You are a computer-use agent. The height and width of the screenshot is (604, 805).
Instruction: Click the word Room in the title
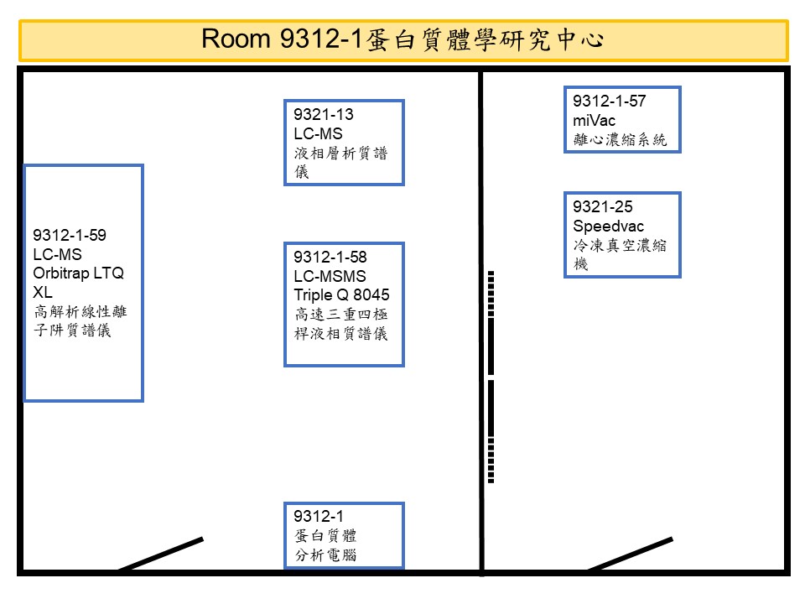pyautogui.click(x=236, y=39)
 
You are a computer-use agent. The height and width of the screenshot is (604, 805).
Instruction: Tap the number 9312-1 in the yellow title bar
pyautogui.click(x=322, y=39)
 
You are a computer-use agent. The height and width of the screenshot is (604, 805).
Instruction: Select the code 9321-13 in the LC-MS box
pyautogui.click(x=324, y=114)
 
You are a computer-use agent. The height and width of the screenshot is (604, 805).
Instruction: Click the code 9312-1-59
pyautogui.click(x=70, y=235)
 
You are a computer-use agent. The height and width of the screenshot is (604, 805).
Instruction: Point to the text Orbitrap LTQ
pyautogui.click(x=79, y=273)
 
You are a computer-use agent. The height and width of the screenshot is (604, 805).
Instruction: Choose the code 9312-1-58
pyautogui.click(x=330, y=257)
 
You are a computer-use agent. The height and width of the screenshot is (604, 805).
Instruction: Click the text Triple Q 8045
pyautogui.click(x=341, y=294)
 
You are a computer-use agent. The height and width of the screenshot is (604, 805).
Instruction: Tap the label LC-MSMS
pyautogui.click(x=330, y=276)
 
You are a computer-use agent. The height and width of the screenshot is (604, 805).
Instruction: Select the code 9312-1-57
pyautogui.click(x=610, y=101)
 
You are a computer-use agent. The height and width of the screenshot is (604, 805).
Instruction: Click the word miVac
pyautogui.click(x=594, y=120)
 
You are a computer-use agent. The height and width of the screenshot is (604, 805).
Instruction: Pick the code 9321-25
pyautogui.click(x=603, y=206)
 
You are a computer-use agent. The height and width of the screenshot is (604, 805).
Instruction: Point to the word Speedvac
pyautogui.click(x=609, y=226)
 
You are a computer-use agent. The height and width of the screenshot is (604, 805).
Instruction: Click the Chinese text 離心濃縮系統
pyautogui.click(x=620, y=140)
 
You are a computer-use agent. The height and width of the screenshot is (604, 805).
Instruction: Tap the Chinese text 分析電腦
pyautogui.click(x=325, y=555)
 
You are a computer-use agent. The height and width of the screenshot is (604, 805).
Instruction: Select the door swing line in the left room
pyautogui.click(x=161, y=555)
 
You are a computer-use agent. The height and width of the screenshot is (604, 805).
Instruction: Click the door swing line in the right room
pyautogui.click(x=630, y=555)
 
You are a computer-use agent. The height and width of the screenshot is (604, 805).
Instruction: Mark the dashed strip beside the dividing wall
pyautogui.click(x=491, y=377)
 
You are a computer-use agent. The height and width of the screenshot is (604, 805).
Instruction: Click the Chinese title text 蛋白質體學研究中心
pyautogui.click(x=486, y=39)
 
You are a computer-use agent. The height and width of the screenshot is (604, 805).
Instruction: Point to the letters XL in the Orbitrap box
pyautogui.click(x=43, y=292)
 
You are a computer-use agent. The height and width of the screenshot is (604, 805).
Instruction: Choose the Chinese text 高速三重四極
pyautogui.click(x=341, y=315)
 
